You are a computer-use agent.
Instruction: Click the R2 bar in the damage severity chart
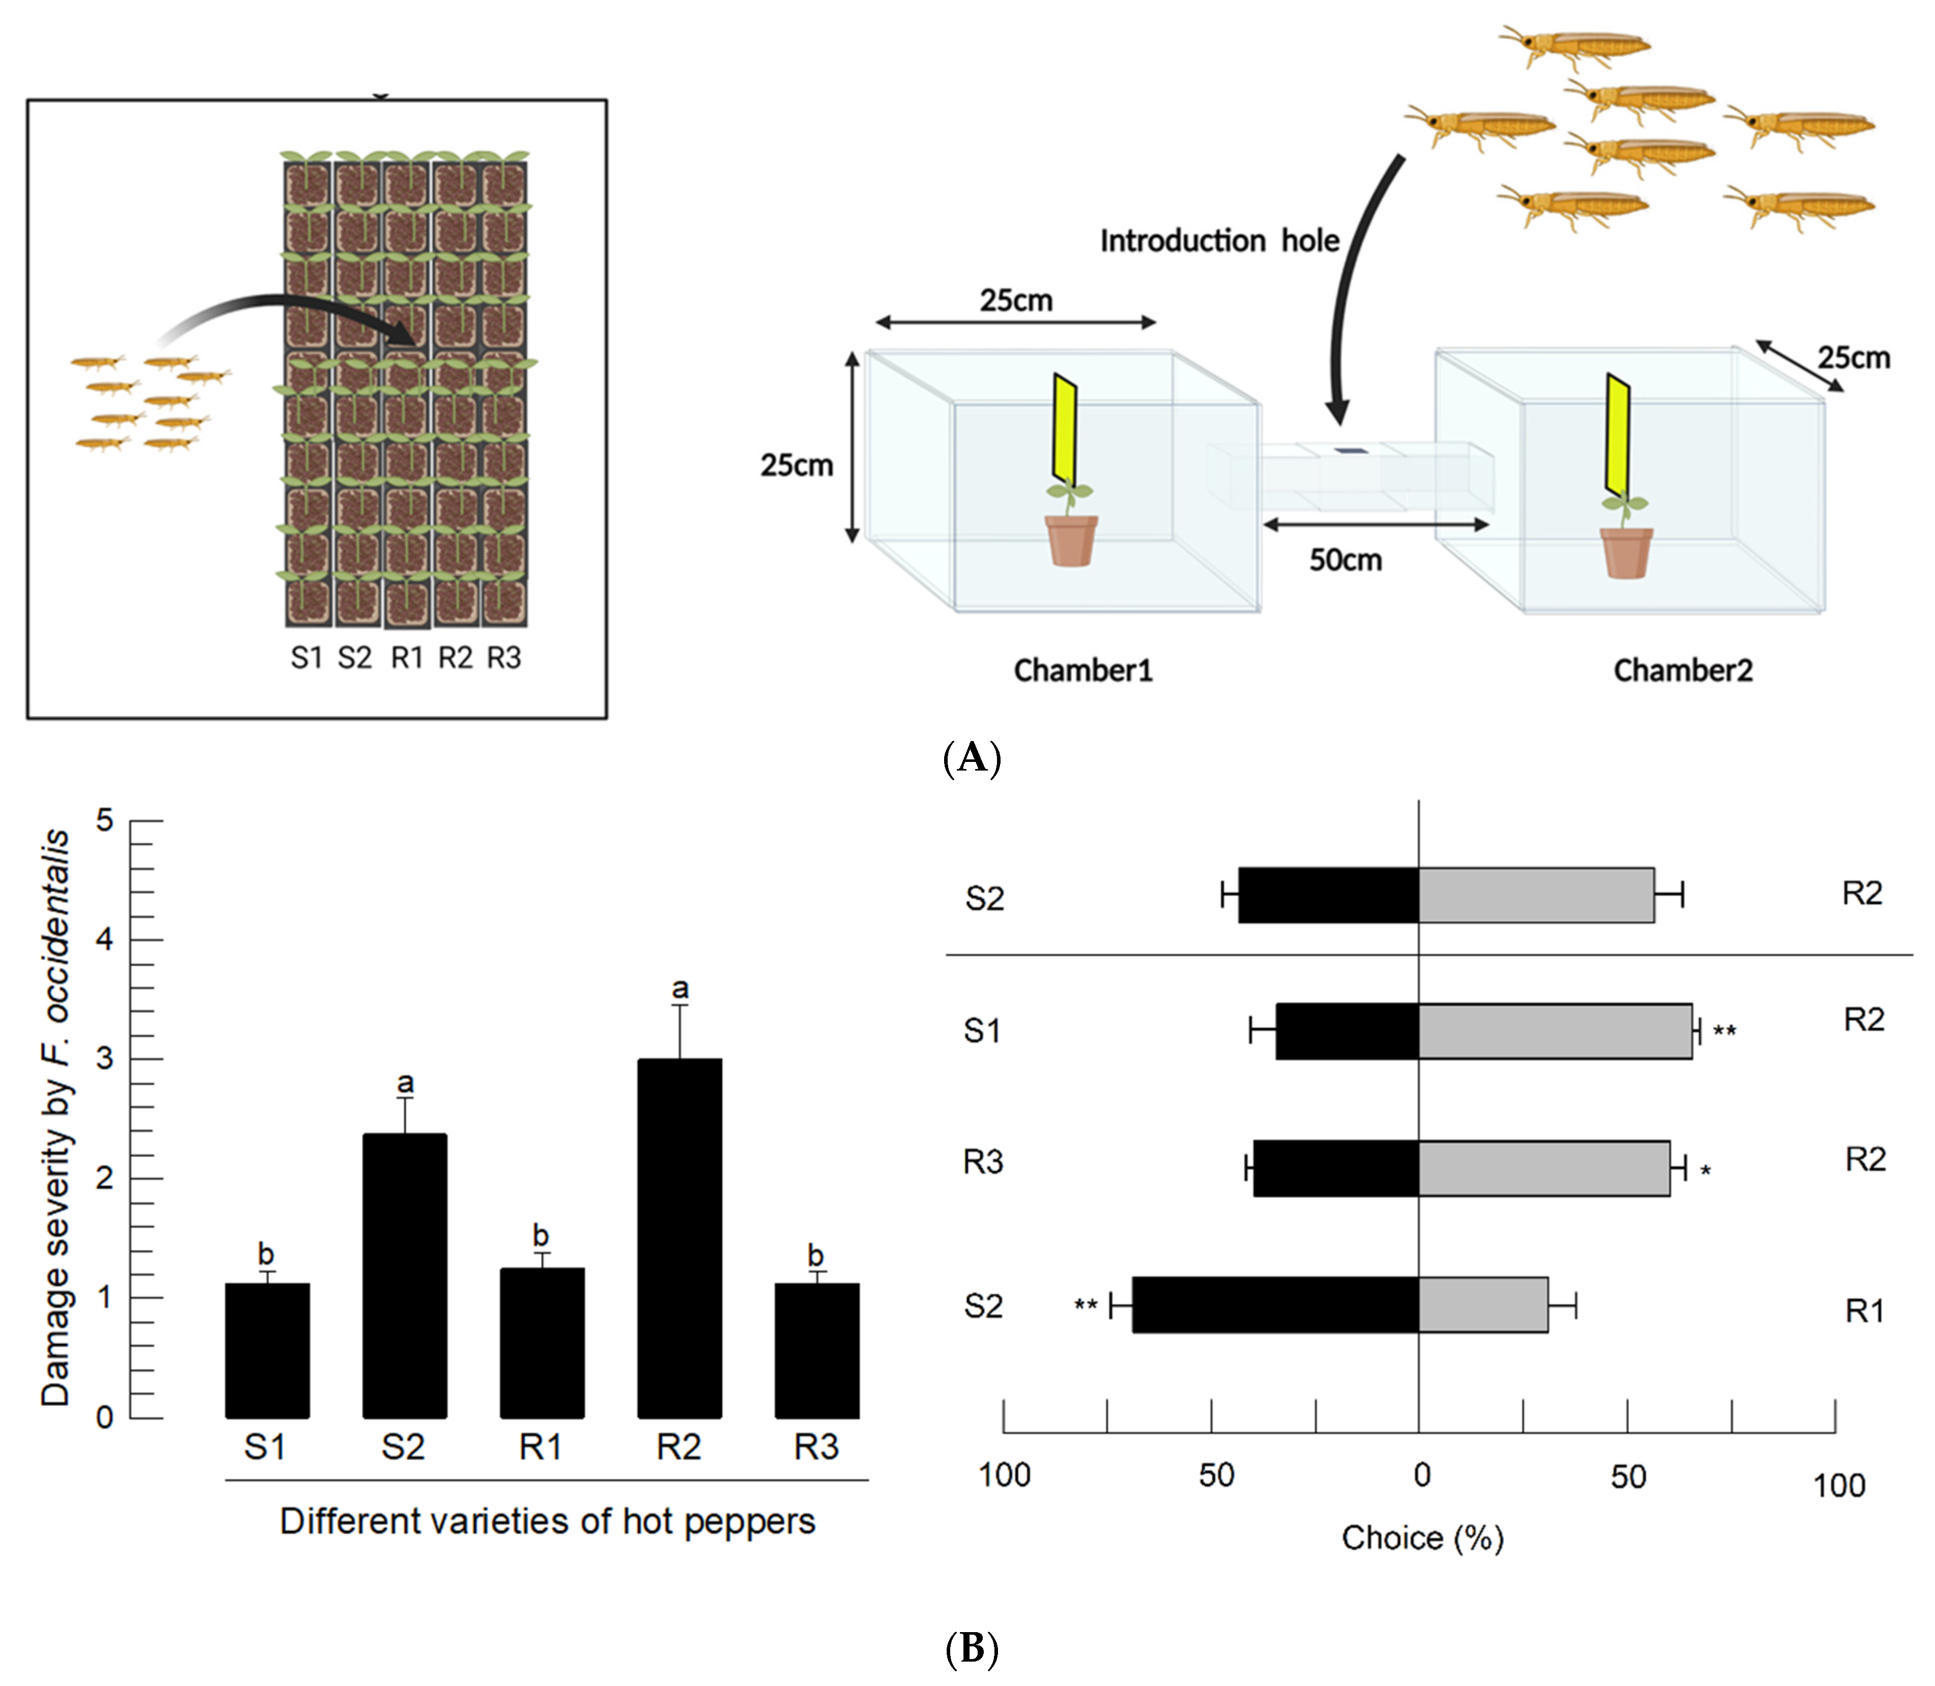679,1237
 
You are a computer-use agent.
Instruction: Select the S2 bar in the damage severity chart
404,1275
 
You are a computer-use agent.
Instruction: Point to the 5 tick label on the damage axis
104,820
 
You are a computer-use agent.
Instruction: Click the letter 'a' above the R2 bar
680,988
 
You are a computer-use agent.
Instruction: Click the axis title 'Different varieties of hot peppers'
547,1521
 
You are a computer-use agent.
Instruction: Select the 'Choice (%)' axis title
1422,1538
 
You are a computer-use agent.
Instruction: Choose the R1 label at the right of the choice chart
1864,1310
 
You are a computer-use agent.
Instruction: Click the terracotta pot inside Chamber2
1627,553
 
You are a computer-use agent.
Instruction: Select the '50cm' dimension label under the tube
1345,560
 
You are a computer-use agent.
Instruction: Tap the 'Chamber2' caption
1683,670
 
